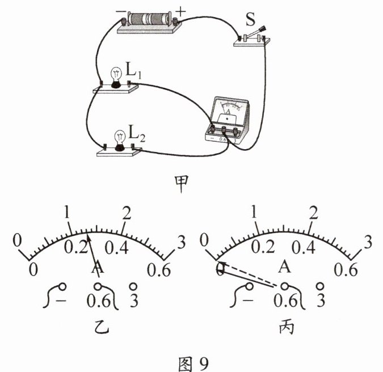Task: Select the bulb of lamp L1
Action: coord(116,77)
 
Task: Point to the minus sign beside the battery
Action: coord(120,10)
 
